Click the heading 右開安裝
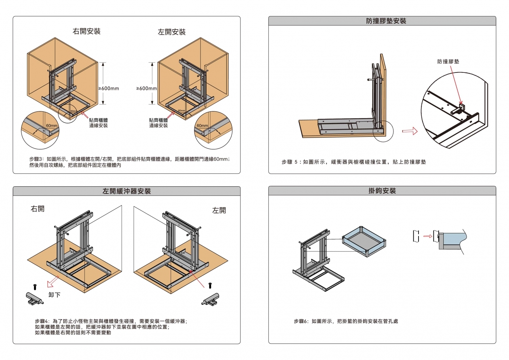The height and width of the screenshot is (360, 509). click(x=87, y=31)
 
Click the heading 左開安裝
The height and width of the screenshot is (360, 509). click(x=171, y=32)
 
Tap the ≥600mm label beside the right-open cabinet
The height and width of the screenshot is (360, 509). click(x=109, y=88)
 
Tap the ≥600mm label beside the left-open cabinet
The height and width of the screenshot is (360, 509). click(x=147, y=88)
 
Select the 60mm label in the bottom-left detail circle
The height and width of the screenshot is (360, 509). click(x=52, y=126)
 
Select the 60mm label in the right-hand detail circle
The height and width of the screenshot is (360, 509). click(x=203, y=126)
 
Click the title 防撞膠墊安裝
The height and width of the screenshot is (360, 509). click(x=386, y=21)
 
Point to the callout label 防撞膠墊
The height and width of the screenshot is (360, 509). click(x=448, y=62)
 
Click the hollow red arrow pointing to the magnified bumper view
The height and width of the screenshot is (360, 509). click(x=410, y=131)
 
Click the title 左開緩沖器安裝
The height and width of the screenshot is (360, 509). click(x=127, y=191)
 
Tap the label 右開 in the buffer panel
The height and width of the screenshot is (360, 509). click(x=38, y=209)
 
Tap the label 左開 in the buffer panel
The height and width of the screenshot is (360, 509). click(x=219, y=210)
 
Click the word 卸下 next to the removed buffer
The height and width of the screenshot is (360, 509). click(x=54, y=295)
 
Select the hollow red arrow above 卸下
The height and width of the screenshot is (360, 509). click(x=53, y=282)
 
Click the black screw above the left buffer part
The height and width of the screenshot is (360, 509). click(x=35, y=287)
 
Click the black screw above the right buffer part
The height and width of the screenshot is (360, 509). click(x=210, y=285)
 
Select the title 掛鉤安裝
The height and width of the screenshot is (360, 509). click(x=382, y=191)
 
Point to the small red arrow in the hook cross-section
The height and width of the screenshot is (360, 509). click(x=427, y=236)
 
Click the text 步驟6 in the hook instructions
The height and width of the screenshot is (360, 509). click(x=301, y=321)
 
